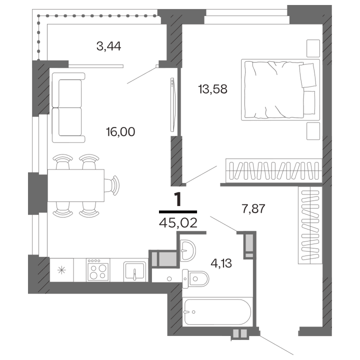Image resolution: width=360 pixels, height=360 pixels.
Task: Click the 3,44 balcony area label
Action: click(x=109, y=47)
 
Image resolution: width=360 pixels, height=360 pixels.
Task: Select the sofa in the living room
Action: click(x=66, y=103)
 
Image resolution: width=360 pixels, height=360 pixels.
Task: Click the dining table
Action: click(x=75, y=185)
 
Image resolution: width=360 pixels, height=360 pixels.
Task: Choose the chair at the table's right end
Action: click(x=114, y=184)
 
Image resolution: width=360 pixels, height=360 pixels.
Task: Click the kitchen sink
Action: click(x=135, y=270)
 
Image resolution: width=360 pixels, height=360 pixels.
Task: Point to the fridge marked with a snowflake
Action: click(x=61, y=270)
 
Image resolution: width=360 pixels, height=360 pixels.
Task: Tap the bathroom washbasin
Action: click(x=188, y=248)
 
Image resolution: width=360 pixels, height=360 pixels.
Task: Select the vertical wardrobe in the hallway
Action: click(x=309, y=224)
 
